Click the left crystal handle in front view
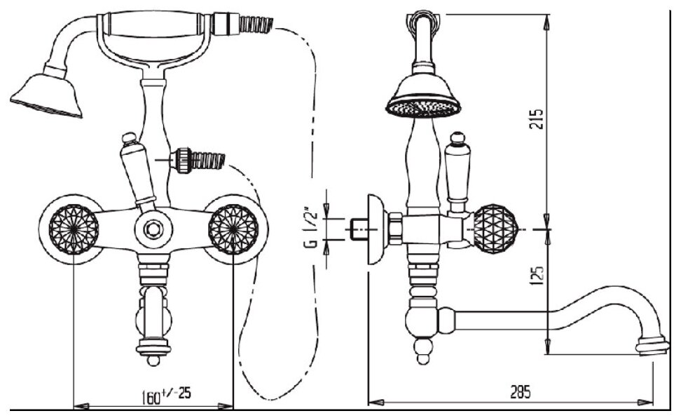click(x=73, y=228)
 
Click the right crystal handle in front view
click(x=233, y=228)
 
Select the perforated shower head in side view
click(x=424, y=99)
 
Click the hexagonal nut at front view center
click(x=153, y=230)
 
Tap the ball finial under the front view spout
click(x=153, y=360)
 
